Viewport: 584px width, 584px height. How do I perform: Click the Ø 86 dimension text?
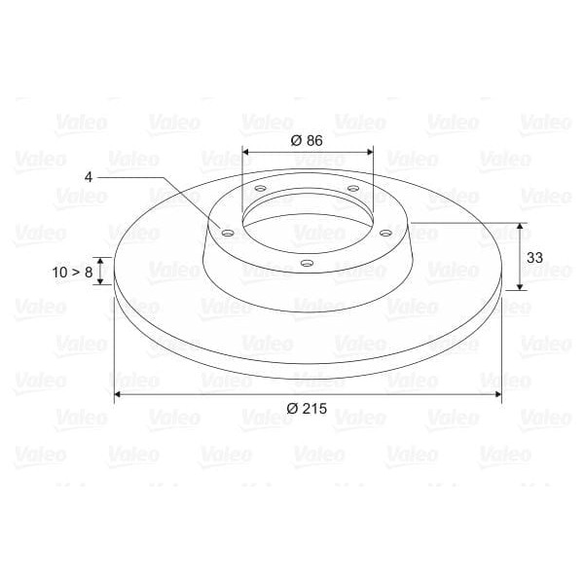click(307, 139)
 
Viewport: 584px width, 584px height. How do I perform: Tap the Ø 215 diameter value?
click(307, 409)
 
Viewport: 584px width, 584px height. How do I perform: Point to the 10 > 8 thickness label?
click(74, 272)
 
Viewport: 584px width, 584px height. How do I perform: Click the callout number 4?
click(89, 177)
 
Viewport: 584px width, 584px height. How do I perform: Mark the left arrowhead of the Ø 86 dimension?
click(246, 152)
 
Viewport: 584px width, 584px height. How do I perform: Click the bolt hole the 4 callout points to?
click(227, 234)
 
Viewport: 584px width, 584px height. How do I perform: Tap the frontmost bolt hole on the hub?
click(307, 264)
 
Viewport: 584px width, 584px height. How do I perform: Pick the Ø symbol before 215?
click(293, 409)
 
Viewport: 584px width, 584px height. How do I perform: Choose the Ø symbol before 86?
click(296, 139)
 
